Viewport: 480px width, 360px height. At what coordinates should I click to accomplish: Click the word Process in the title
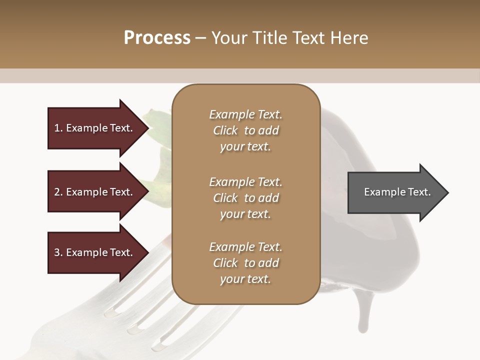point(157,38)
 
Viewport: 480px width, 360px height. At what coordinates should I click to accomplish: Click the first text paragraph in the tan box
point(245,130)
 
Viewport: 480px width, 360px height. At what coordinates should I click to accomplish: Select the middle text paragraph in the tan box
point(245,198)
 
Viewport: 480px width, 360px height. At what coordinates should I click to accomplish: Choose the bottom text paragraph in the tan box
point(245,263)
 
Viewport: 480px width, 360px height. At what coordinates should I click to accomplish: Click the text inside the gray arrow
point(397,192)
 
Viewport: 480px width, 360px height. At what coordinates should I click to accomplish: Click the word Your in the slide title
point(229,38)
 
